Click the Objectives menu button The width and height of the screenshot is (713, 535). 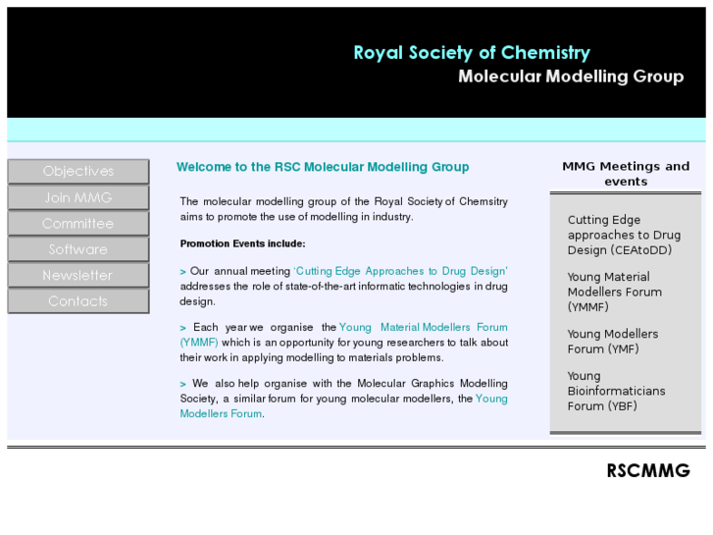pyautogui.click(x=78, y=172)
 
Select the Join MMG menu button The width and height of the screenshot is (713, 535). pyautogui.click(x=78, y=197)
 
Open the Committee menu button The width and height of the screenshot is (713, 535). pyautogui.click(x=78, y=224)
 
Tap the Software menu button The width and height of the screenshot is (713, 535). pyautogui.click(x=78, y=249)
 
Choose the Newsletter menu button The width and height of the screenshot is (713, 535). pyautogui.click(x=78, y=276)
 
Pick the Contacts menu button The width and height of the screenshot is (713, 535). pyautogui.click(x=78, y=301)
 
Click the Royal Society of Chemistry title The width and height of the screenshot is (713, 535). pyautogui.click(x=472, y=53)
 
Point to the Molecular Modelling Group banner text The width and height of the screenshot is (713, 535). pyautogui.click(x=571, y=77)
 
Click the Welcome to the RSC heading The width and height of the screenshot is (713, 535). pyautogui.click(x=323, y=167)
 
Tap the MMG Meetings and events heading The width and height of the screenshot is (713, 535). pyautogui.click(x=626, y=174)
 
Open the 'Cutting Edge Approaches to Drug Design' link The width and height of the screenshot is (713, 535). pyautogui.click(x=401, y=271)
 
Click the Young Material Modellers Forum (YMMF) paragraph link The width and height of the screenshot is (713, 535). pyautogui.click(x=423, y=328)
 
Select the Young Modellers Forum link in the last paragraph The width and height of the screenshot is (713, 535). pyautogui.click(x=490, y=399)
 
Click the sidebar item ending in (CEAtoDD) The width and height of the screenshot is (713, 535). pyautogui.click(x=624, y=235)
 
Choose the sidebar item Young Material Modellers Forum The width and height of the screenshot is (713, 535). pyautogui.click(x=614, y=292)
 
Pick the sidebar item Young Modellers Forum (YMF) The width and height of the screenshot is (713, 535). pyautogui.click(x=612, y=342)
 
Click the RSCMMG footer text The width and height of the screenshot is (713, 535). pyautogui.click(x=647, y=471)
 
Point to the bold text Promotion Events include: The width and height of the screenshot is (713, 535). pyautogui.click(x=242, y=243)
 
